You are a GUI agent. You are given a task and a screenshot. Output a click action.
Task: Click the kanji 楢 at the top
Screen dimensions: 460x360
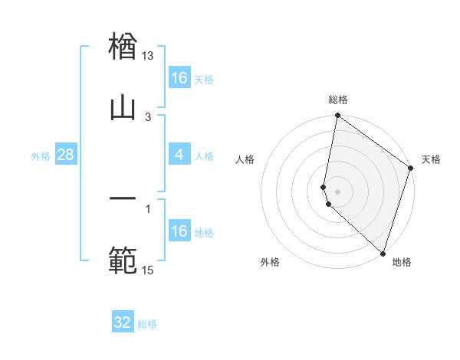click(x=123, y=46)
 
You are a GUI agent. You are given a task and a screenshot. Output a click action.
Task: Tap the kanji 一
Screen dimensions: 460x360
click(x=123, y=199)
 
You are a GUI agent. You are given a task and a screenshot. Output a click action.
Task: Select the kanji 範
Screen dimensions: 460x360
click(x=123, y=260)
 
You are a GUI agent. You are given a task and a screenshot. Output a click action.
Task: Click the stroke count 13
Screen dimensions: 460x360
click(x=148, y=57)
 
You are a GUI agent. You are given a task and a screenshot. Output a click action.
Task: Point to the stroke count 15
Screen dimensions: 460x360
click(x=148, y=270)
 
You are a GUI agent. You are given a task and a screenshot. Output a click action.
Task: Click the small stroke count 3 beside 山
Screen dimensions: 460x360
click(x=148, y=116)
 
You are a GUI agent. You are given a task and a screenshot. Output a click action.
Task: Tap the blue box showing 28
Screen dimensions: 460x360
click(x=66, y=155)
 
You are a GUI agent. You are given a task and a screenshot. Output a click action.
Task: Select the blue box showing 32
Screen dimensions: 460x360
click(x=123, y=322)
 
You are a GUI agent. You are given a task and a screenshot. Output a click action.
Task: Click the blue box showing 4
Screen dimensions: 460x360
click(x=179, y=155)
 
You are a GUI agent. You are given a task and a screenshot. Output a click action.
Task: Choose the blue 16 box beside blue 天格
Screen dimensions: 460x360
click(x=179, y=78)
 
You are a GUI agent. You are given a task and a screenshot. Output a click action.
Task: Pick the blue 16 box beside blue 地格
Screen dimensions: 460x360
click(x=179, y=231)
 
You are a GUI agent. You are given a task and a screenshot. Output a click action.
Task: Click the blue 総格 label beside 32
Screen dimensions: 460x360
click(x=148, y=324)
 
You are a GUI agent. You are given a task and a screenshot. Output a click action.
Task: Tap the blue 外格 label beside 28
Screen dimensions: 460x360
click(x=41, y=156)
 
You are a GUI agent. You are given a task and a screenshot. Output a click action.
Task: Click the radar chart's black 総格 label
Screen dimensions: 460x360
click(x=338, y=100)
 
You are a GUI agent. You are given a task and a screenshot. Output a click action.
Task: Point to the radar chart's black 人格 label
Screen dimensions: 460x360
click(x=245, y=159)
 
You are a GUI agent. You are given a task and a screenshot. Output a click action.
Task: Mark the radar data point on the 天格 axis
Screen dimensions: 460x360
click(x=411, y=169)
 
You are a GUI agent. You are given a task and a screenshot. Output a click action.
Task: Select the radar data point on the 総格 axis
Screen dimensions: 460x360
click(x=337, y=116)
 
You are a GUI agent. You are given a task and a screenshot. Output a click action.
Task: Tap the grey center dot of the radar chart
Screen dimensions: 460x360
click(x=337, y=191)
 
